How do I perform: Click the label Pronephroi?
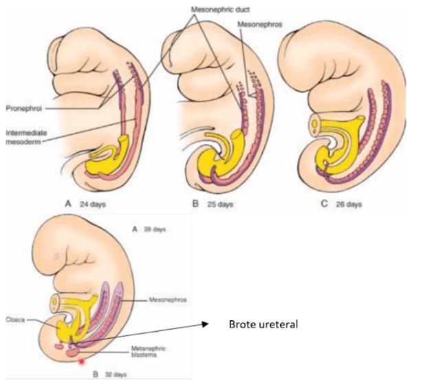25,108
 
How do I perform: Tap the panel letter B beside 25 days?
195,205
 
